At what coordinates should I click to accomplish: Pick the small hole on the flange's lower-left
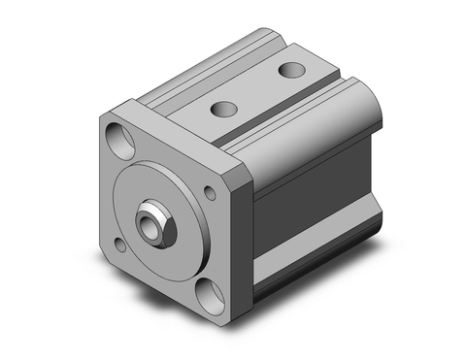pos(119,244)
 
